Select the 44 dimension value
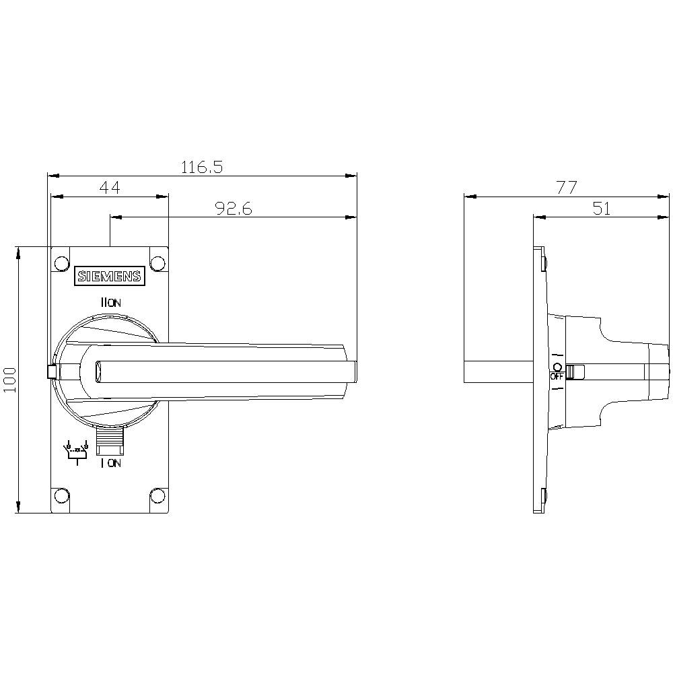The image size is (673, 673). (110, 188)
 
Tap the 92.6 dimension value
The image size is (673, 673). (234, 209)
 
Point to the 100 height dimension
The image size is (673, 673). (9, 380)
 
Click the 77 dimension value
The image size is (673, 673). (567, 188)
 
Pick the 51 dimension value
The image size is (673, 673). (602, 209)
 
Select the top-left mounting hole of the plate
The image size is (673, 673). (61, 262)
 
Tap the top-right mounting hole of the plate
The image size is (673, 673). (157, 262)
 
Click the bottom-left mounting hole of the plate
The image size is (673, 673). (61, 497)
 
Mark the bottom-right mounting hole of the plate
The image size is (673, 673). (157, 497)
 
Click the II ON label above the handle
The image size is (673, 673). (110, 304)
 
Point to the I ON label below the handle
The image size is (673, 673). (110, 463)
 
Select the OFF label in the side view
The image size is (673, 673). (557, 377)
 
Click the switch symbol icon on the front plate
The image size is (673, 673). (75, 452)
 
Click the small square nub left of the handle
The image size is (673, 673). (51, 371)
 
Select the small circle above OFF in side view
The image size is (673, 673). (557, 367)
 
